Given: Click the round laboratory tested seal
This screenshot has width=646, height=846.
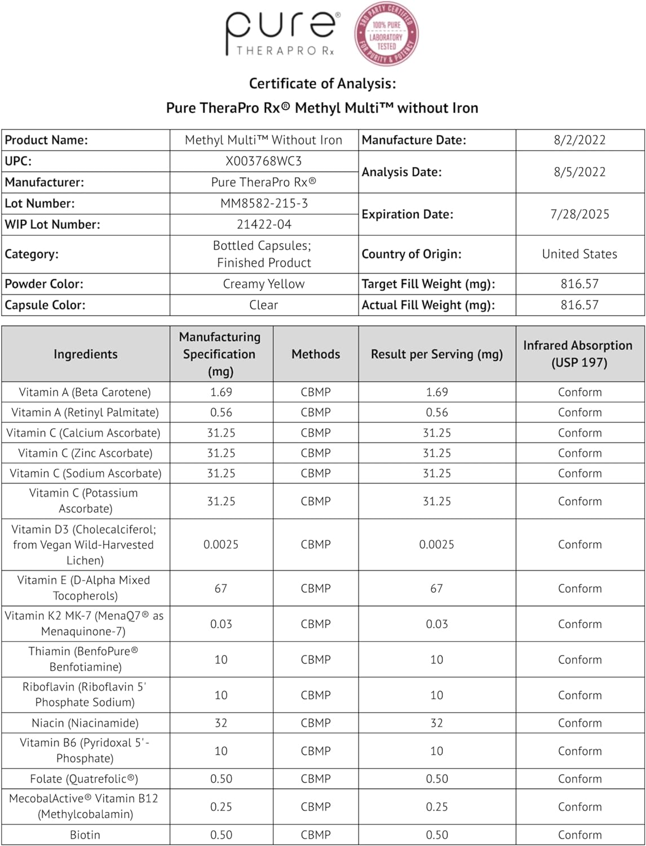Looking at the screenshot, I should pyautogui.click(x=387, y=34).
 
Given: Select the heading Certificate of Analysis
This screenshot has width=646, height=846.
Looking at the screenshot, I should pyautogui.click(x=322, y=83).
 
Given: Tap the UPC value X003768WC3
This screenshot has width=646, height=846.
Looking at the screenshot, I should pyautogui.click(x=264, y=161).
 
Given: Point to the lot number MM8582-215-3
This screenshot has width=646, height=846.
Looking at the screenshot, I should pyautogui.click(x=264, y=204).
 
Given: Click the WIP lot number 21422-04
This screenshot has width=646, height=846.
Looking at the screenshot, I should pyautogui.click(x=264, y=224).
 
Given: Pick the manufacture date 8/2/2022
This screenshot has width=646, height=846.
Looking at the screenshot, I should pyautogui.click(x=579, y=140).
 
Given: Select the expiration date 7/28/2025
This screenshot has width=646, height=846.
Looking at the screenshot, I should pyautogui.click(x=579, y=214).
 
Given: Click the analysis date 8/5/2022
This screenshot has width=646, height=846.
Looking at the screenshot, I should pyautogui.click(x=579, y=172).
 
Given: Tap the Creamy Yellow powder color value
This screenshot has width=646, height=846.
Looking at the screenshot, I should pyautogui.click(x=264, y=284).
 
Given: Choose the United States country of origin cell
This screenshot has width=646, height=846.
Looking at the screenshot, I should pyautogui.click(x=579, y=254).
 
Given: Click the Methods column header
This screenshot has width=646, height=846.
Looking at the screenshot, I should pyautogui.click(x=316, y=354).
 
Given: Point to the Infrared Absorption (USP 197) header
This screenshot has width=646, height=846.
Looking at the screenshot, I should pyautogui.click(x=578, y=354).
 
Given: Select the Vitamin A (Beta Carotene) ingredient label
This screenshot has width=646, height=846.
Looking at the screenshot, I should pyautogui.click(x=85, y=393).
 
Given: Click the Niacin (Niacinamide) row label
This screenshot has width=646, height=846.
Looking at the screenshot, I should pyautogui.click(x=85, y=723).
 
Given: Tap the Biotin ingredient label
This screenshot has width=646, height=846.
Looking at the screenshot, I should pyautogui.click(x=85, y=835).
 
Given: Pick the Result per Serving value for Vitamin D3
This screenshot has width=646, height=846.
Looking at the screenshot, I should pyautogui.click(x=436, y=545).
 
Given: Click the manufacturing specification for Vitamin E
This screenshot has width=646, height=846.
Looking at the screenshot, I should pyautogui.click(x=221, y=589).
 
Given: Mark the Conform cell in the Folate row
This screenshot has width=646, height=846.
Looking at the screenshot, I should pyautogui.click(x=579, y=779).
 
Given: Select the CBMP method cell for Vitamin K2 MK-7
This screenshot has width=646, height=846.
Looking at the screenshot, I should pyautogui.click(x=316, y=624).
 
